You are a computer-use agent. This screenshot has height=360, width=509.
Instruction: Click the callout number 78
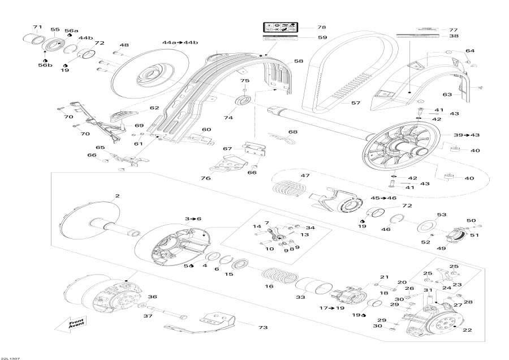point(321,27)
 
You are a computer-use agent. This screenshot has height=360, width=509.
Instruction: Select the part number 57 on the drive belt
point(355,103)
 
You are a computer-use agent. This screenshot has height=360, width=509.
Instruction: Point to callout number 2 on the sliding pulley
point(117,196)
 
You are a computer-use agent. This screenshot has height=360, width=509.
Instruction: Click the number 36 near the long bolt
point(152,297)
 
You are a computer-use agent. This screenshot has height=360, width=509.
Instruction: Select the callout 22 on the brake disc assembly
point(467,330)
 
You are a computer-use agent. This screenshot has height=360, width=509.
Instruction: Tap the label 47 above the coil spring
point(305,176)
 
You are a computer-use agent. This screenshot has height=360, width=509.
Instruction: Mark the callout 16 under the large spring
point(269,286)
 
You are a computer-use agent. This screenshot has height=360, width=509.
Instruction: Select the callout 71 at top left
point(37,27)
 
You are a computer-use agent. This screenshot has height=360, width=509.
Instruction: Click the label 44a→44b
point(180,43)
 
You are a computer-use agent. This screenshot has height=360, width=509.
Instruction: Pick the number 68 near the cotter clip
point(292,132)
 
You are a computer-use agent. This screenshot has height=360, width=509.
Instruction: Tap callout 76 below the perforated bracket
point(206,178)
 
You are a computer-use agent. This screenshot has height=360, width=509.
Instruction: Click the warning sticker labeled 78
point(280,27)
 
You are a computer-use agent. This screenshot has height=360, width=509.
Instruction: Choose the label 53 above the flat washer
point(441,215)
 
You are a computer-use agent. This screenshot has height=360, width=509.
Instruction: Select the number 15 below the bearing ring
point(229,275)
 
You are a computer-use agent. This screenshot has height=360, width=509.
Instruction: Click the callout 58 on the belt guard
point(297,61)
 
